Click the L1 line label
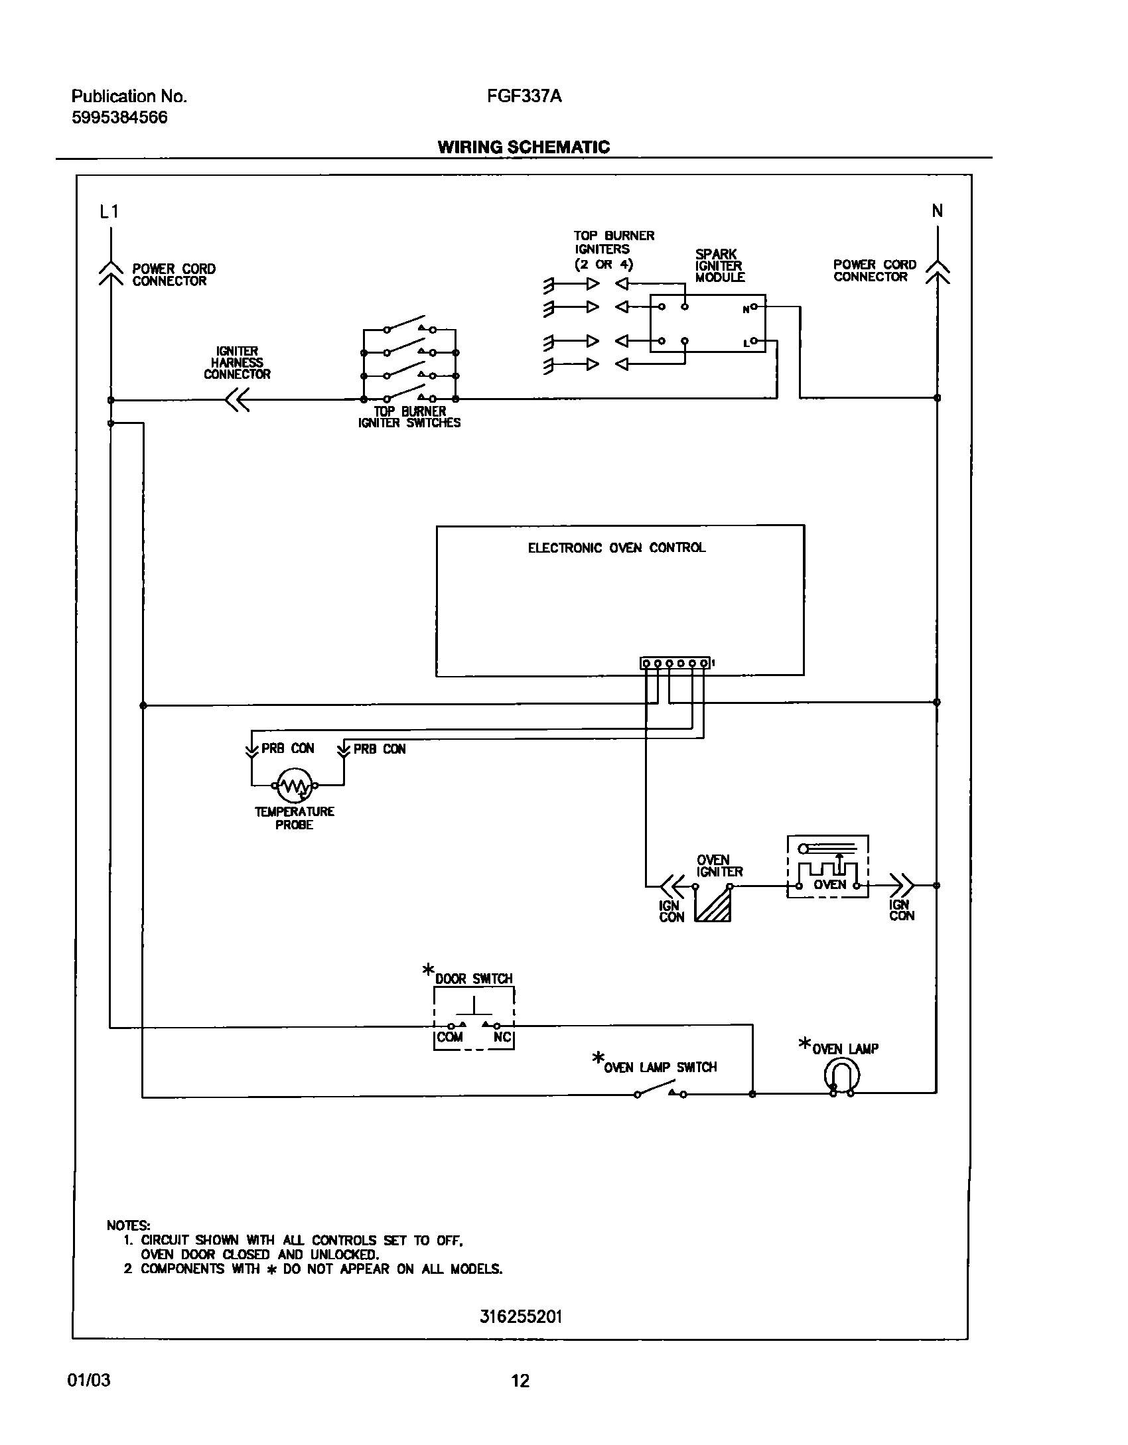tap(109, 212)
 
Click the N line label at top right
tap(937, 211)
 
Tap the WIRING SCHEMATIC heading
tap(524, 147)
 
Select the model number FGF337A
tap(524, 96)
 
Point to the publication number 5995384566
tap(119, 117)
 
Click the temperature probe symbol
tap(295, 785)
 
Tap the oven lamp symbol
tap(842, 1074)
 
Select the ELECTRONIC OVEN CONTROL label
tap(616, 548)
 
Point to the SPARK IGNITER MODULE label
tap(719, 265)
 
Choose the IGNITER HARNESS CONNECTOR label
tap(237, 363)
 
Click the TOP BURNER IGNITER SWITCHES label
tap(409, 417)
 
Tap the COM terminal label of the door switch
tap(450, 1037)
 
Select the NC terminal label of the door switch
tap(502, 1037)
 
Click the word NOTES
tap(128, 1225)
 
